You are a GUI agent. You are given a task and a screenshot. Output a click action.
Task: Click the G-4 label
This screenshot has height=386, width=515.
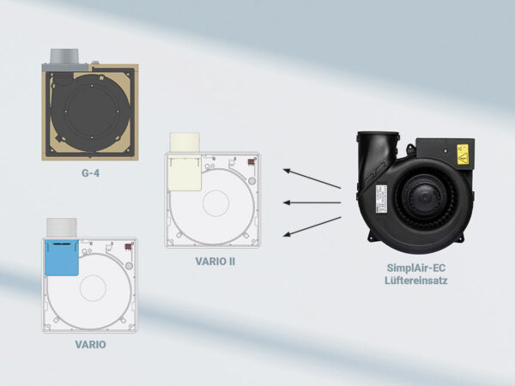coord(90,173)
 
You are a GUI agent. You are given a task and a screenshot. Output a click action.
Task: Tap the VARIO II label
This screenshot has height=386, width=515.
coord(215,262)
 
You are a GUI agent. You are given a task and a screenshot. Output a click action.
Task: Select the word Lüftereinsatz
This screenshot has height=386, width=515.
coord(415,280)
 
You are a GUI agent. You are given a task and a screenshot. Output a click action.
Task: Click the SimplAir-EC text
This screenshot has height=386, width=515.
coord(415,268)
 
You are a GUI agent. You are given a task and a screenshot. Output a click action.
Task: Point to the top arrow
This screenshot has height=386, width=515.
coord(312,179)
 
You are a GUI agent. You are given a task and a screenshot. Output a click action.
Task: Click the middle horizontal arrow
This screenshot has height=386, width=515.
coord(312,202)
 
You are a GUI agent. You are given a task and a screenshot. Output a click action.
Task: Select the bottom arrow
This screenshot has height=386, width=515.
coord(312,226)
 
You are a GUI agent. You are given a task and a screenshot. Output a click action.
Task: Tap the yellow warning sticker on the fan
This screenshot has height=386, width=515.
coord(462,154)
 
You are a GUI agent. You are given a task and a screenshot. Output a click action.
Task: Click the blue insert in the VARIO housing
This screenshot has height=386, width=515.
coord(62,257)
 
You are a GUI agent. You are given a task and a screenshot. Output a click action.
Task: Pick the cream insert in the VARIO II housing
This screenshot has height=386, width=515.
coord(185,172)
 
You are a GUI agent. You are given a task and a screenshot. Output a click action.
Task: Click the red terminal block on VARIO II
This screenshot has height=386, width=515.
coord(251,162)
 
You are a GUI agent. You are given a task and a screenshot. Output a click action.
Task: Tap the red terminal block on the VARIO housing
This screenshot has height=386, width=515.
coord(128,246)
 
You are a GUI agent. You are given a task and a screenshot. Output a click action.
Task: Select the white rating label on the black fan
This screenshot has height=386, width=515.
coord(381,199)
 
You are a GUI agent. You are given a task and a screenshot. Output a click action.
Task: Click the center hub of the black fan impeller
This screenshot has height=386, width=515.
coord(424,197)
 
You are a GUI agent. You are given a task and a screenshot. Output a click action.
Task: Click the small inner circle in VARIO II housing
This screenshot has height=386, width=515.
coord(215,203)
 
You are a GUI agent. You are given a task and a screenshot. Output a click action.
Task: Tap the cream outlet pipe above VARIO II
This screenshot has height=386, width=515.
coord(185,142)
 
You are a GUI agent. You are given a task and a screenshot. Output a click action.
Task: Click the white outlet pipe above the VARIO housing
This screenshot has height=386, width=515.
coord(62,227)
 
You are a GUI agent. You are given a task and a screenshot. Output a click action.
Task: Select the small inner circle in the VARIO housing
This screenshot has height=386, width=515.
coord(93,288)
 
